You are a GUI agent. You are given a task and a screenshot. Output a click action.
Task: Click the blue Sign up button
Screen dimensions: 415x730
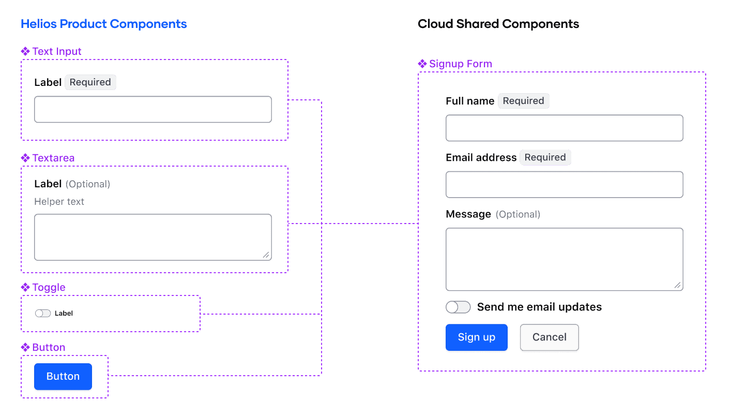pos(476,337)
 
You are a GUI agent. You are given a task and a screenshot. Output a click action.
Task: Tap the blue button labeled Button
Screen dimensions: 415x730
pos(63,377)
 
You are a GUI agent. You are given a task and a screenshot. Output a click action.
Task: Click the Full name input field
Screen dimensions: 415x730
pos(564,128)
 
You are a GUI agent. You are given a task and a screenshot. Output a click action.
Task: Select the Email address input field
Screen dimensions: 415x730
pos(564,184)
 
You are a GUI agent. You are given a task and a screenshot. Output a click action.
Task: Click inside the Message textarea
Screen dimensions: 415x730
pos(564,259)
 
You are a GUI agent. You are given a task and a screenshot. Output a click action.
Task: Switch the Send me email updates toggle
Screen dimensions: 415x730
pos(458,307)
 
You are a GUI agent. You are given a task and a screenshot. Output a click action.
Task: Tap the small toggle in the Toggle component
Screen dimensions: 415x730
pos(43,314)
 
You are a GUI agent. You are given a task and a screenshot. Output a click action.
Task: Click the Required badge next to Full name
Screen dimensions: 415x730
pos(523,101)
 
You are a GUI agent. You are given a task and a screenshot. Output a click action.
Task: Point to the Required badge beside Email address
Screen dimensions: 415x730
pos(545,157)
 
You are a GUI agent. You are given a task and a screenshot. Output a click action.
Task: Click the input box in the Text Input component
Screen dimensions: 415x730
pos(153,109)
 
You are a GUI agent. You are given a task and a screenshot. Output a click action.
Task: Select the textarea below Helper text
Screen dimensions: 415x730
pos(153,237)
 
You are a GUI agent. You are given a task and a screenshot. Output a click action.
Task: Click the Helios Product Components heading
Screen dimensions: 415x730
pos(103,24)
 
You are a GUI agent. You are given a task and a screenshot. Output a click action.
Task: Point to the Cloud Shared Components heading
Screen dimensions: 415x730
pos(498,24)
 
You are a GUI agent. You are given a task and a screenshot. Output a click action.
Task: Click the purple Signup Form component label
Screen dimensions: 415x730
pos(460,64)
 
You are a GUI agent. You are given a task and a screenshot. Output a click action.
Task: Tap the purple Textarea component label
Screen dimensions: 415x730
pos(53,158)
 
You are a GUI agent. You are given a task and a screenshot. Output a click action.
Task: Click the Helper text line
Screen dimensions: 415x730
pos(59,202)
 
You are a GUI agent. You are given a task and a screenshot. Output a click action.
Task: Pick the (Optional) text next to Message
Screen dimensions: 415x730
pos(518,214)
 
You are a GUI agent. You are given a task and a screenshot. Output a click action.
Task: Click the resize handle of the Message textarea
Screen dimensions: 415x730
pos(677,285)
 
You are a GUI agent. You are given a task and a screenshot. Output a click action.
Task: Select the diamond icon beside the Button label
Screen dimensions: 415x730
pos(25,347)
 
